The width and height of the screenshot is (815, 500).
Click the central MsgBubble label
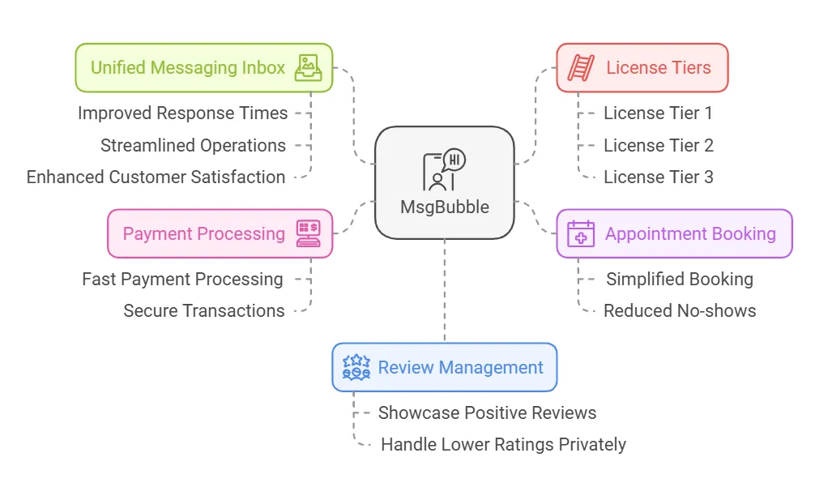coord(445,207)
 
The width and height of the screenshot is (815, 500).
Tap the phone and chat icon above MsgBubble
coord(444,169)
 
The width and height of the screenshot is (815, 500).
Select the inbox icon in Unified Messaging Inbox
coord(308,68)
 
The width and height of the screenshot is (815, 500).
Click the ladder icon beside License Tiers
coord(581,67)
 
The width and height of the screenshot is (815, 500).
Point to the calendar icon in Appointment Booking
coord(581,233)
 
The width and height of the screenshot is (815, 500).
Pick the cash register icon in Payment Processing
coord(308,233)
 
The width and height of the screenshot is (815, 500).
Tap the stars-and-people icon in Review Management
coord(356,367)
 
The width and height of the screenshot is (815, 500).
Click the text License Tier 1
coord(658,113)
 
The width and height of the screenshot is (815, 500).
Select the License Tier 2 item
coord(658,146)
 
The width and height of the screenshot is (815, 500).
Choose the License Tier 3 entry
coord(658,177)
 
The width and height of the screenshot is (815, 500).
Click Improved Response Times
coord(182,113)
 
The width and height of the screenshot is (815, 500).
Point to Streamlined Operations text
coord(193,146)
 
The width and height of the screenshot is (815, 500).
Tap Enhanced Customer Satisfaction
coord(156,177)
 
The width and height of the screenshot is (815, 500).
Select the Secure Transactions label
coord(204,311)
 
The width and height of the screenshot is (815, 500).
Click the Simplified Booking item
coord(680,279)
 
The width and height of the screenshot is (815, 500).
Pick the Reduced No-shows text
coord(680,311)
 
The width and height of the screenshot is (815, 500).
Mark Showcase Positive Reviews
coord(487,412)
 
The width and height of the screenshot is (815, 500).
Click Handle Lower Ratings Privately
coord(503,445)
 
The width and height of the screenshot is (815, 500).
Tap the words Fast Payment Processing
coord(182,279)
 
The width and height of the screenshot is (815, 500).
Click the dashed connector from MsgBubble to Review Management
coord(445,291)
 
